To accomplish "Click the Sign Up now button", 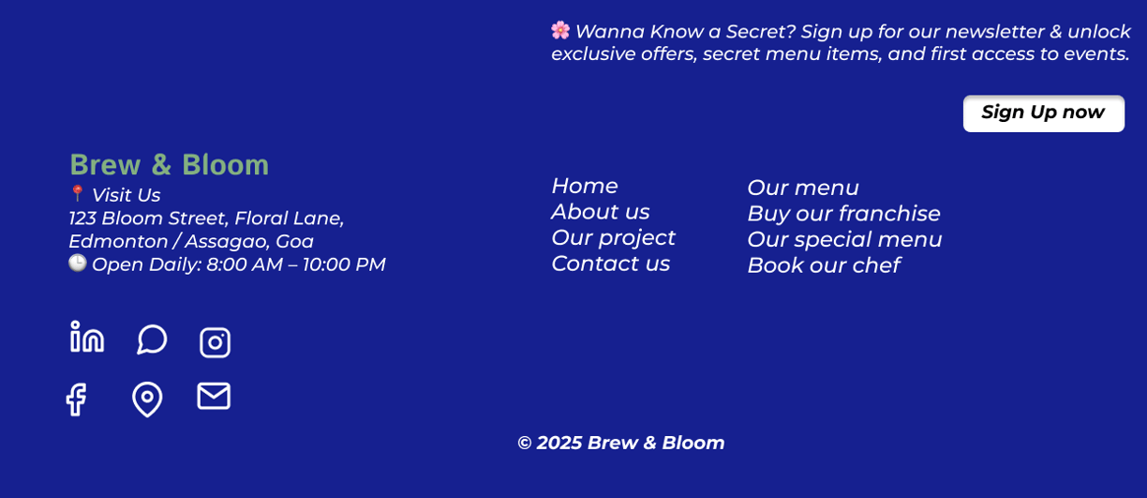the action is pos(1044,113).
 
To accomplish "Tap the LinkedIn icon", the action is pos(87,337).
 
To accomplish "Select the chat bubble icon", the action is pos(152,340).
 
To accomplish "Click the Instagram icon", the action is pos(216,342).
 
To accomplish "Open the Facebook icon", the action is pos(77,400).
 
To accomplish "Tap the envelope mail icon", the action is pos(214,396).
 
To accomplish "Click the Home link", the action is pos(585,186).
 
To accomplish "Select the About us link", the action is pos(601,212).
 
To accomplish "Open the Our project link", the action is pos(614,238).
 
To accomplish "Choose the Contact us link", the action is pos(611,264).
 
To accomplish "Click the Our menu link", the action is pos(803,188).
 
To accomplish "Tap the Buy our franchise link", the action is pos(844,214).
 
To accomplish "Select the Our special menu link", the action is pos(844,240).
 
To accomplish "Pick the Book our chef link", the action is pos(824,265).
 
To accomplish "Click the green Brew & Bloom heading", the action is pos(169,165).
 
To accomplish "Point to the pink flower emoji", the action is pos(560,30).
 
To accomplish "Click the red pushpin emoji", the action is pos(78,193).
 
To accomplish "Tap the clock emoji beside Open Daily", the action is pos(78,263).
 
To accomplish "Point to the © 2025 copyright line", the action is pos(621,443).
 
